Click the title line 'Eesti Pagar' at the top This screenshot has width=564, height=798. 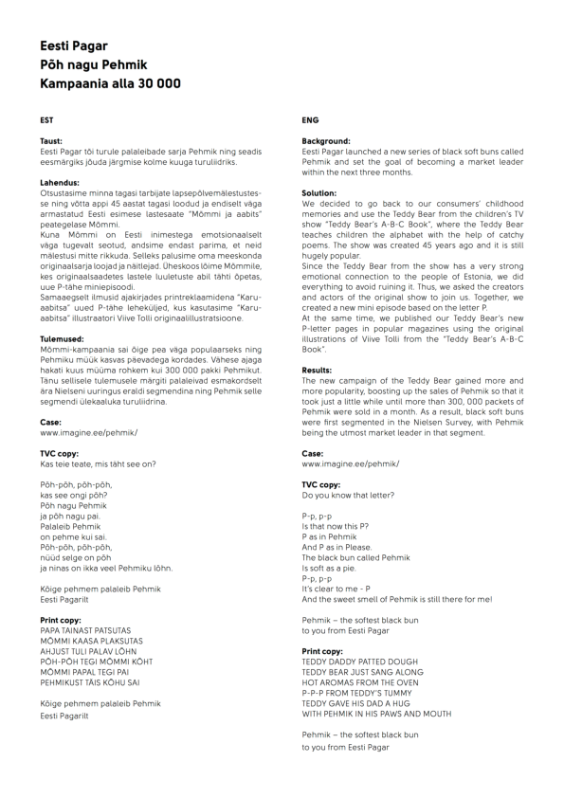tap(74, 45)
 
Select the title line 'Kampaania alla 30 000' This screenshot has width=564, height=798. tap(110, 83)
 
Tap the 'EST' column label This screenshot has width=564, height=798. tap(46, 120)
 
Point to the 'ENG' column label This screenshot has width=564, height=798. tap(310, 120)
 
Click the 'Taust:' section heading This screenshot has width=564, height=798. tap(51, 141)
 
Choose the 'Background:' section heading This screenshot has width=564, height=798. tap(326, 141)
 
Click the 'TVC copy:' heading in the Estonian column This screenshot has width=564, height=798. tap(60, 453)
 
